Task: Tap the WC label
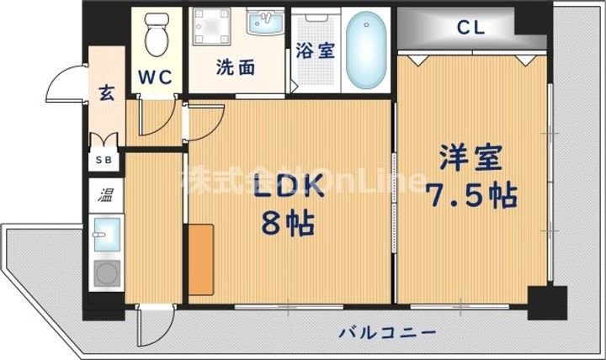coord(155,77)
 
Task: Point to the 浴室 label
coord(316,49)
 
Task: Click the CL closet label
coord(471,27)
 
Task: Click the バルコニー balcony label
coord(388,331)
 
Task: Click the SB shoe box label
coord(107,158)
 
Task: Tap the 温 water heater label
coord(108,196)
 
